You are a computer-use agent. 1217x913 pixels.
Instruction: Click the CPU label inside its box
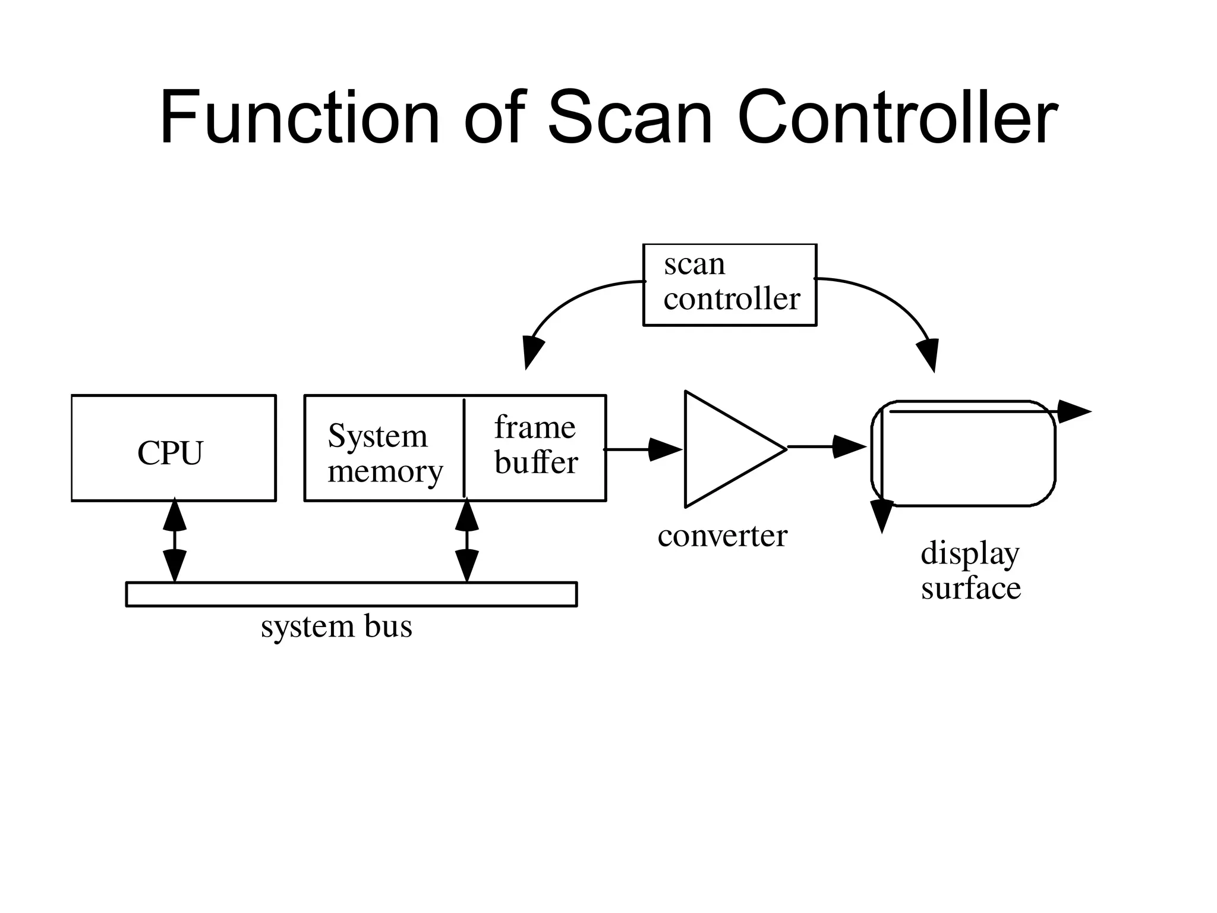tap(171, 453)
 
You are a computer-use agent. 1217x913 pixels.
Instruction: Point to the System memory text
tap(384, 453)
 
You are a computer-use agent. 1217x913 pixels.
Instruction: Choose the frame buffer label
tap(535, 445)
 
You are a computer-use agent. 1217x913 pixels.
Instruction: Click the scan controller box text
tap(730, 282)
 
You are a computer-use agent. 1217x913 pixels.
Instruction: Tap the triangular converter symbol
tap(725, 449)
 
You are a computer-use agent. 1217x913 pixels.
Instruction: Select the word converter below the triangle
tap(722, 536)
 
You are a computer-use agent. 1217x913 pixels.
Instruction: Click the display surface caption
tap(970, 570)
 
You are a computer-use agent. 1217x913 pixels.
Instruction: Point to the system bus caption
tap(336, 626)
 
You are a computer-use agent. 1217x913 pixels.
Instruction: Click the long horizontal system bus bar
tap(351, 594)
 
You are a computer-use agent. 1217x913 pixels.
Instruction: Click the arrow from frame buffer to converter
tap(645, 449)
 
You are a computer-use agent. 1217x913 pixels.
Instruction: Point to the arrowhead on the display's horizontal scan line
tap(1073, 411)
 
